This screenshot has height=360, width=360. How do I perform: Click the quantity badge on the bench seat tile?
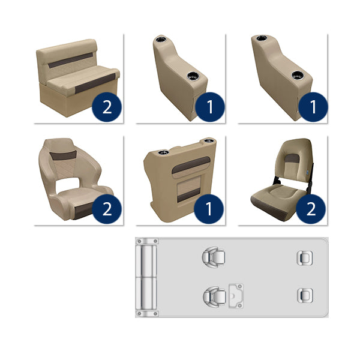click(x=107, y=107)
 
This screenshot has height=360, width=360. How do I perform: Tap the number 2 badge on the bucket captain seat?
click(x=107, y=209)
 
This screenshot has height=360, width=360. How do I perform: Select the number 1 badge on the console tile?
click(x=209, y=209)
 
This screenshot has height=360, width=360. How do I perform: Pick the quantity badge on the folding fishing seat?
click(x=312, y=209)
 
